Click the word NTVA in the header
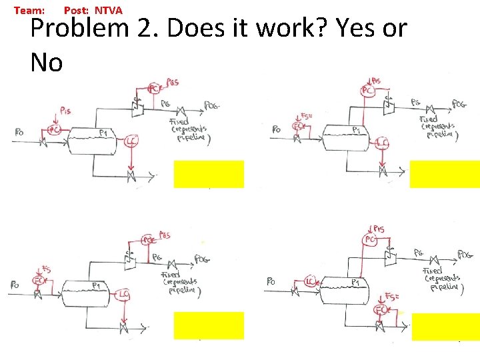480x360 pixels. (x=109, y=11)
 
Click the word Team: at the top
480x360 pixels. (x=29, y=11)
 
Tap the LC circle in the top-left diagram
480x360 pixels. (x=131, y=141)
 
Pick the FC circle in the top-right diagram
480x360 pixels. (x=301, y=126)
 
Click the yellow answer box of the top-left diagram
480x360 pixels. (x=209, y=174)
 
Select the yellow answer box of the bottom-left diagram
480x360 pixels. (x=209, y=325)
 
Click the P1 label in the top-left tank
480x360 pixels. (x=103, y=134)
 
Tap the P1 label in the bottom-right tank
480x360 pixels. (x=358, y=282)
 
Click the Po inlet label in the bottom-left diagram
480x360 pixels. (x=14, y=285)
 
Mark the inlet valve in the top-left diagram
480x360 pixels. (x=43, y=142)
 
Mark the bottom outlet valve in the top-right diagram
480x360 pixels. (x=383, y=171)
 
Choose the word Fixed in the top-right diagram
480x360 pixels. (x=429, y=119)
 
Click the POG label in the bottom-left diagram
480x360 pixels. (x=202, y=259)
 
